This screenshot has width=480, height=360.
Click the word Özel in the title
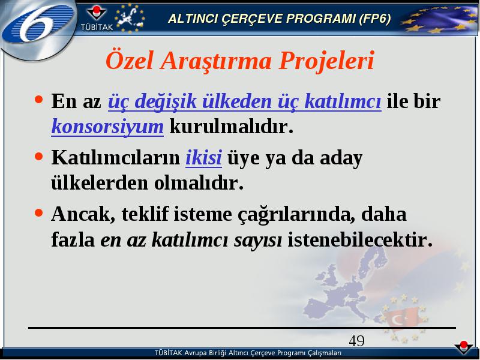click(130, 61)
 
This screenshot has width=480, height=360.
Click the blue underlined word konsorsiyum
click(107, 126)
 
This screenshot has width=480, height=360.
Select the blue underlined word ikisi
click(203, 157)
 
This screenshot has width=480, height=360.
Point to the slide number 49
click(356, 340)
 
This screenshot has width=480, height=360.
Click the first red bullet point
click(39, 100)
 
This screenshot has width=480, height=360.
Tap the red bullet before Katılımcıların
click(39, 157)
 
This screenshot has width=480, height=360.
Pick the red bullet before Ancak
click(39, 212)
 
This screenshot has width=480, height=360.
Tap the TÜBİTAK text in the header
click(97, 27)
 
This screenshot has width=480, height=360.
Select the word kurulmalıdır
click(232, 126)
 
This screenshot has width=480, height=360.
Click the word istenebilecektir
click(361, 239)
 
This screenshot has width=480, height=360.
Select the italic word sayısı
click(258, 240)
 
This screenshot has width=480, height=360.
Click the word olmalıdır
click(199, 183)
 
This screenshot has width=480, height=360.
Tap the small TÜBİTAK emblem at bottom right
click(464, 348)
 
